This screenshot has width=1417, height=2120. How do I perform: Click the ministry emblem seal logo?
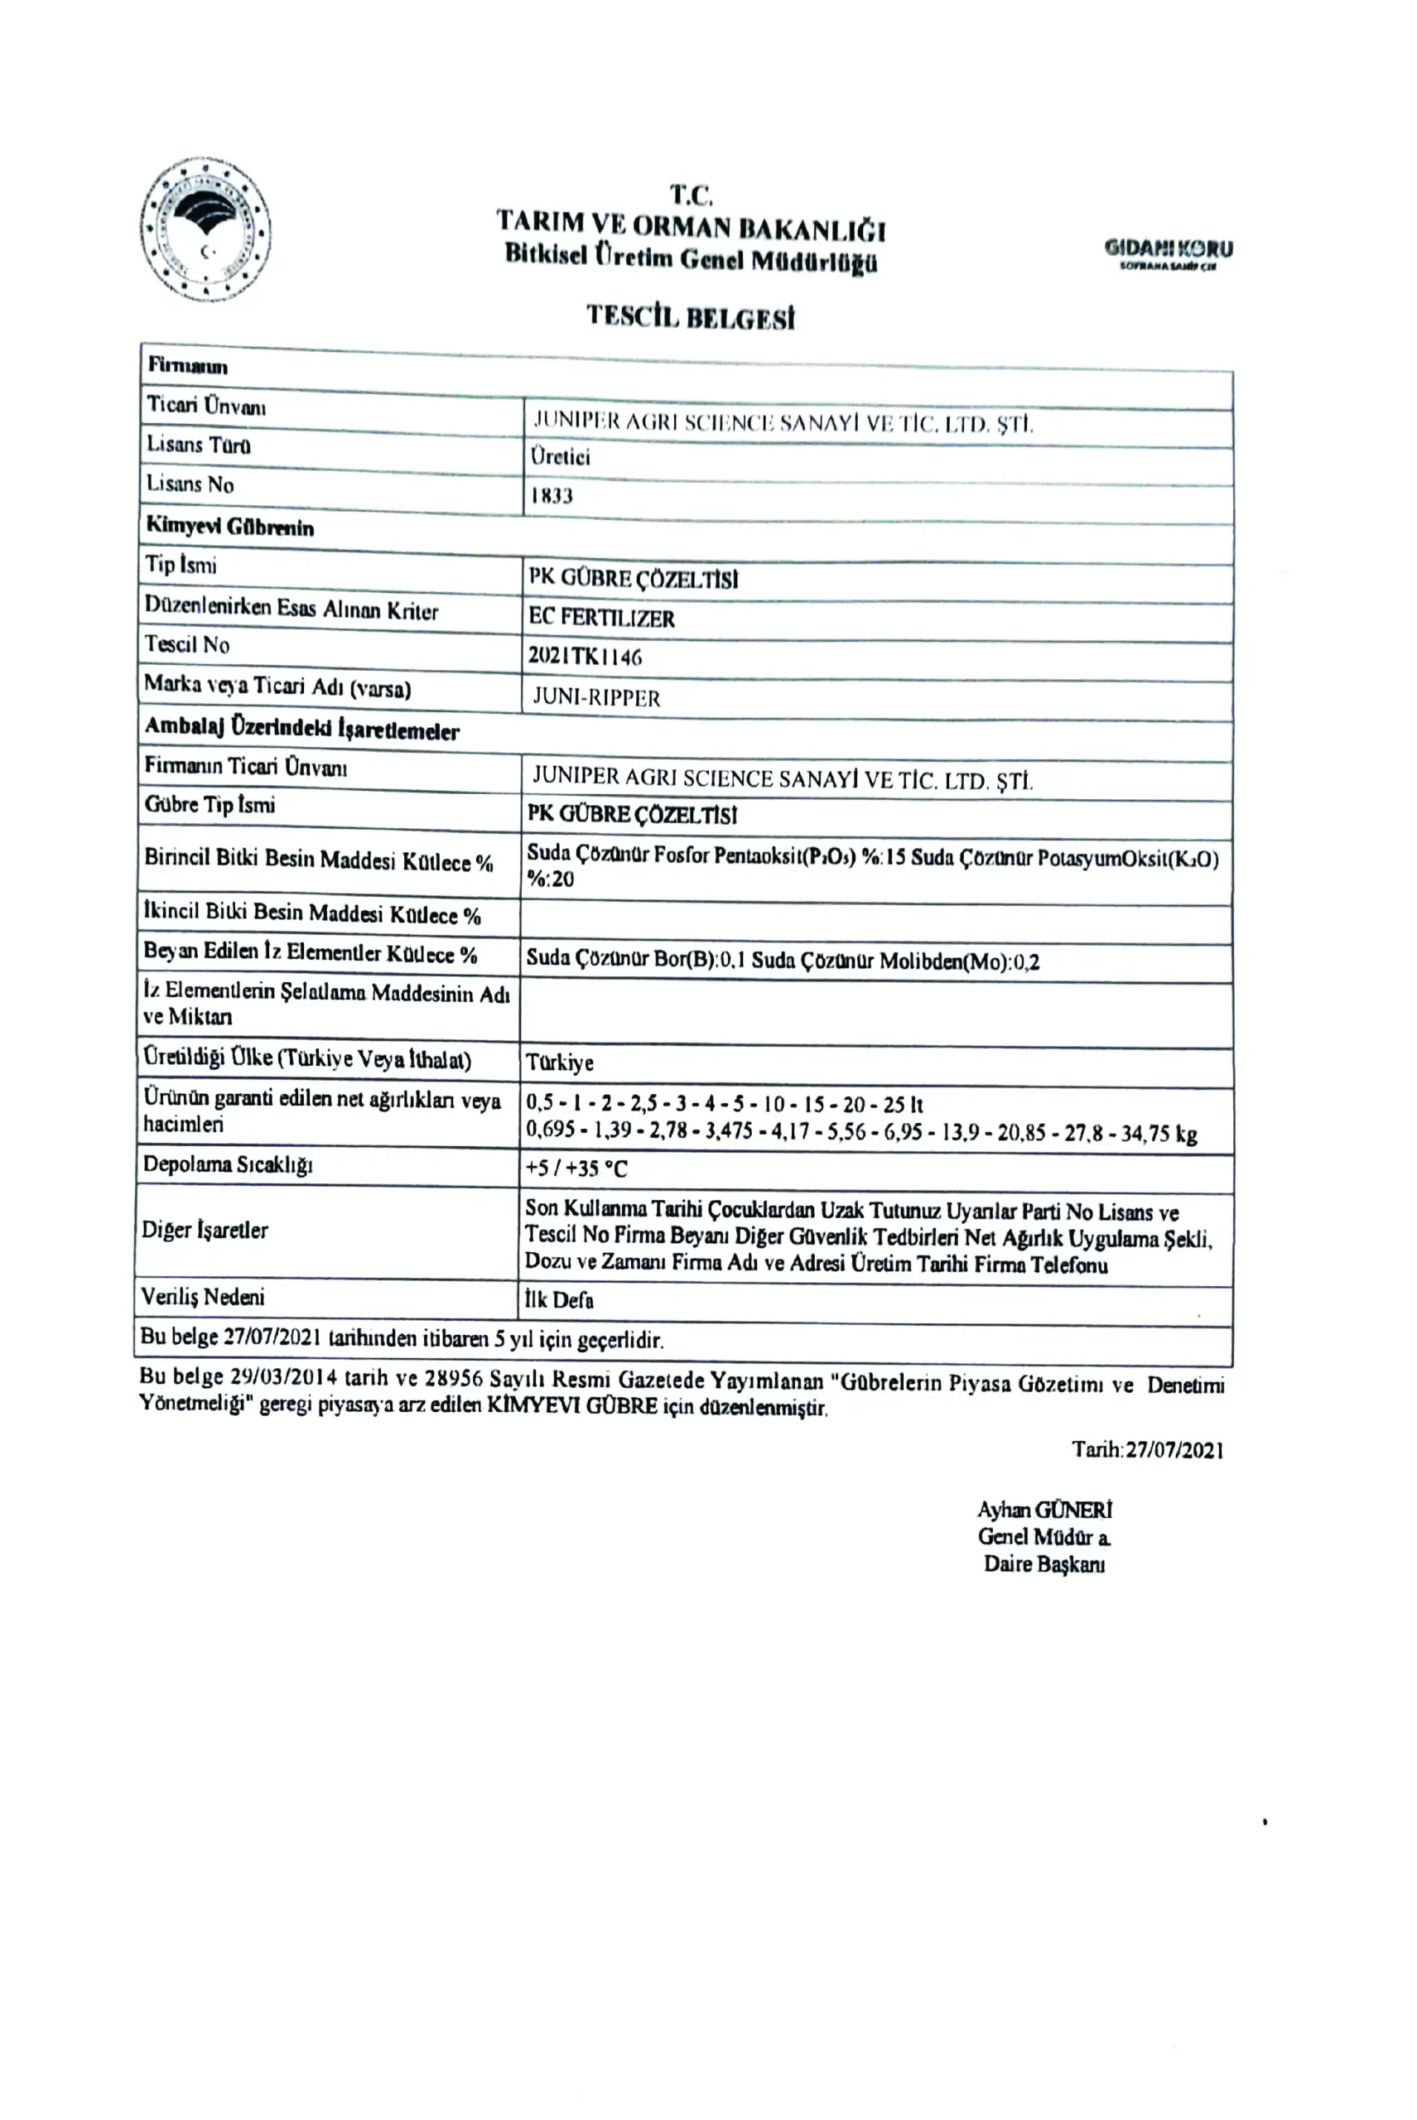206,229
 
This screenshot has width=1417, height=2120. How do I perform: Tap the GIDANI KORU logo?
1168,252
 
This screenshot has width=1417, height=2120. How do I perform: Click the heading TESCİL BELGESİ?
691,316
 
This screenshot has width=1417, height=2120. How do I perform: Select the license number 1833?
552,495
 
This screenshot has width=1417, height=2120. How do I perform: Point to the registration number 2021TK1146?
585,657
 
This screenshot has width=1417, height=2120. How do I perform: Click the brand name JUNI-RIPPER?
596,697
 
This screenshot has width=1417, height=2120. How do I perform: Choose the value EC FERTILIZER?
602,618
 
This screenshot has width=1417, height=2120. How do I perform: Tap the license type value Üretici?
561,456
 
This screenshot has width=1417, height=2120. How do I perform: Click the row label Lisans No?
190,484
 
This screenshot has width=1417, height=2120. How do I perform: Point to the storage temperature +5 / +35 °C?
576,1168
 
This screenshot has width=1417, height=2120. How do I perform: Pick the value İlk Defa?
559,1300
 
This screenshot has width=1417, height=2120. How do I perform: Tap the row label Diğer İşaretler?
205,1230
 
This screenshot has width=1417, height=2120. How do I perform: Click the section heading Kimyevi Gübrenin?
229,527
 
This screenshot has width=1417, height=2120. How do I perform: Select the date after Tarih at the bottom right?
1173,1450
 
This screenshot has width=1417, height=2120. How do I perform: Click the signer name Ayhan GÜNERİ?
1044,1510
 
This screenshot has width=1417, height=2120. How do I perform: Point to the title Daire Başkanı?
1043,1564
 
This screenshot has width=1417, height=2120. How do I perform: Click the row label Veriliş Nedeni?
202,1297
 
